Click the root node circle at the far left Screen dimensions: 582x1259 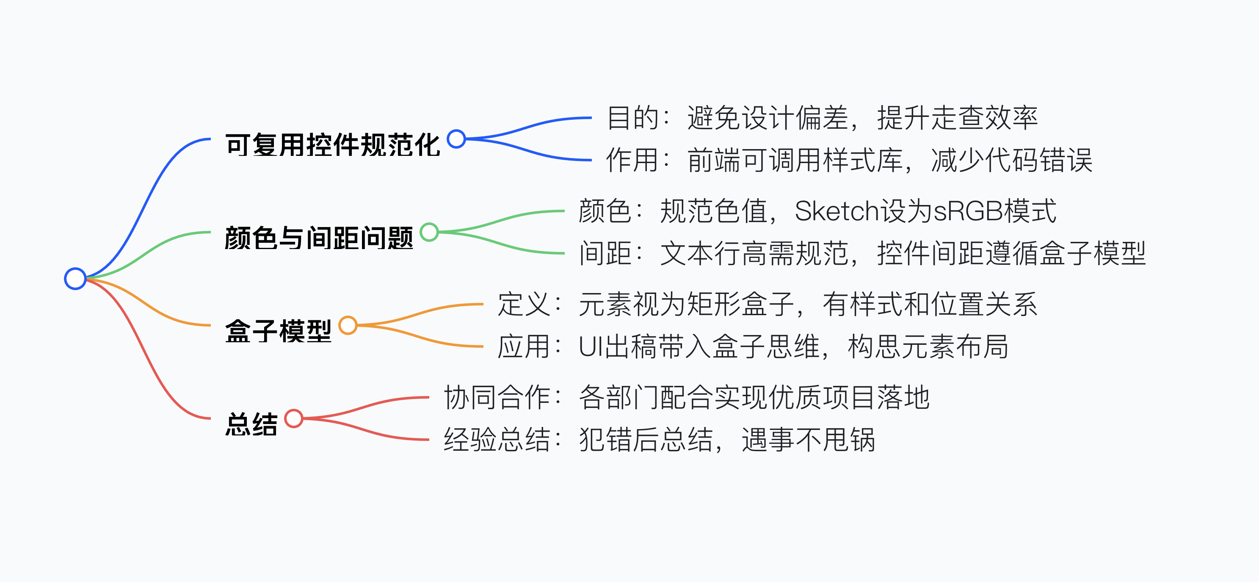[x=75, y=279]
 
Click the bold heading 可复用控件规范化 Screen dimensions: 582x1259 [x=333, y=145]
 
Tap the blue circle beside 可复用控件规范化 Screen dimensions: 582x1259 [x=456, y=139]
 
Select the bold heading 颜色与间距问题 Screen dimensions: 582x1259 [x=319, y=238]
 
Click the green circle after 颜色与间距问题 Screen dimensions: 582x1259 [x=429, y=232]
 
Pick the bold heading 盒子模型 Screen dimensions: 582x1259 [x=278, y=331]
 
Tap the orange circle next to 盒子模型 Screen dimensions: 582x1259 [x=348, y=325]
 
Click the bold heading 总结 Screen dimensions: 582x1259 [x=251, y=424]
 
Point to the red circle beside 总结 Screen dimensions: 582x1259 [x=294, y=418]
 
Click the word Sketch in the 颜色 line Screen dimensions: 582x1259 [x=837, y=211]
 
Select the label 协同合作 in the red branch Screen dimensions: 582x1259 [x=497, y=397]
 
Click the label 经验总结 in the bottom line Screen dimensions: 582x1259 [x=497, y=439]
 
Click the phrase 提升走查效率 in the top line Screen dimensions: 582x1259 [x=958, y=118]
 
